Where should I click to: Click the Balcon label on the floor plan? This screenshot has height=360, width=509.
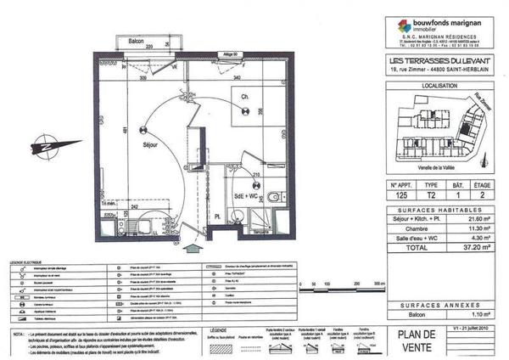[x=129, y=41]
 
